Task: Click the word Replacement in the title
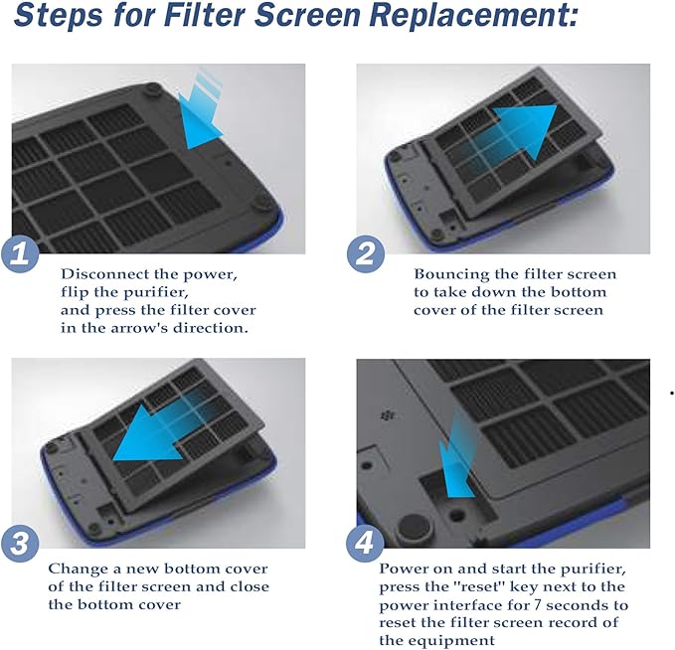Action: pos(473,16)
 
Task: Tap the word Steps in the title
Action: pos(58,16)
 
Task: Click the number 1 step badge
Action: pos(20,254)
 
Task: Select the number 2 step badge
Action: pos(366,254)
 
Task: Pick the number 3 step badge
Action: pos(20,544)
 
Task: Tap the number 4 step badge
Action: pos(366,544)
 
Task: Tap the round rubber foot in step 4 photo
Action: pos(413,528)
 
